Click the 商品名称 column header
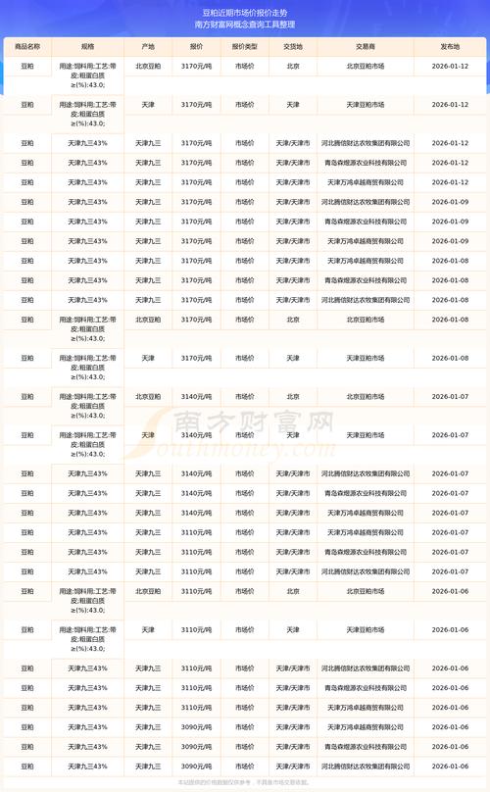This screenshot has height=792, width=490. pos(27,46)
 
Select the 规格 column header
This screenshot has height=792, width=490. pos(88,46)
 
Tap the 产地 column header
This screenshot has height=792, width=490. pos(148,46)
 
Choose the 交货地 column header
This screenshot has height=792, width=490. pos(292,46)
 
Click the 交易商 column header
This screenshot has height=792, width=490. pos(365,46)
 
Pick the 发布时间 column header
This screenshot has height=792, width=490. pos(450,46)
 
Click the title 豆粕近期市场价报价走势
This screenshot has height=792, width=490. pos(245,12)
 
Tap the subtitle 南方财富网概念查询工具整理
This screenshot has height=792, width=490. pos(245,25)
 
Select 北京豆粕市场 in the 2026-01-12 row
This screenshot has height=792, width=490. pos(366,66)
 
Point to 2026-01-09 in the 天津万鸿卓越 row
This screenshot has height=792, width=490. pos(450,241)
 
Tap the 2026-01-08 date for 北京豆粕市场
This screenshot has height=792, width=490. pos(450,320)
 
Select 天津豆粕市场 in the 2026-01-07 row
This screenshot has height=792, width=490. pos(366,434)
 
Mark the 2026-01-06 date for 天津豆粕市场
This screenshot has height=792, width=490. pos(450,629)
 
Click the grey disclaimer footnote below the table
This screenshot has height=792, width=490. pos(245,783)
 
